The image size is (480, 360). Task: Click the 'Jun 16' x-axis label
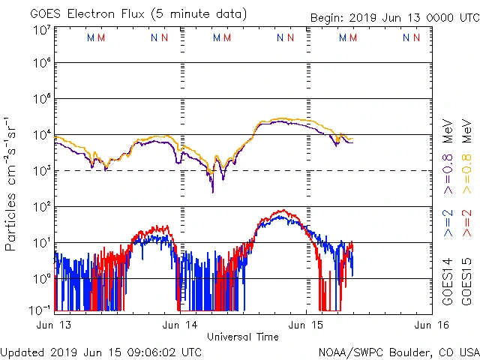pyautogui.click(x=429, y=325)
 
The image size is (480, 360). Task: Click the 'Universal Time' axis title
pyautogui.click(x=243, y=337)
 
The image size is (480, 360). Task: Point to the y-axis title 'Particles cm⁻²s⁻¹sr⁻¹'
pyautogui.click(x=12, y=184)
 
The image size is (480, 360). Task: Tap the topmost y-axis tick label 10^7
pyautogui.click(x=41, y=31)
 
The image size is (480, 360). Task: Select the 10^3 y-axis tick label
pyautogui.click(x=41, y=170)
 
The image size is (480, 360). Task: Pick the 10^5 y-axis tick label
pyautogui.click(x=41, y=100)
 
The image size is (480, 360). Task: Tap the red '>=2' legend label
pyautogui.click(x=466, y=223)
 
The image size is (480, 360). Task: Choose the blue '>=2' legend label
pyautogui.click(x=448, y=223)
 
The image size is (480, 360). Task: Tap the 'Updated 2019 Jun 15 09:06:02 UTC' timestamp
pyautogui.click(x=100, y=352)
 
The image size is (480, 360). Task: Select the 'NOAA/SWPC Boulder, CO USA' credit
pyautogui.click(x=398, y=352)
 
